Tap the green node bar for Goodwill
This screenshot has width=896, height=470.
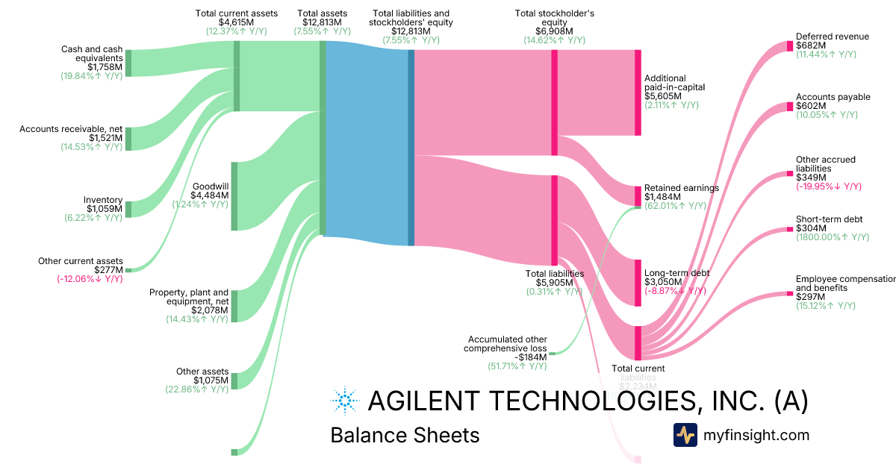coord(234,195)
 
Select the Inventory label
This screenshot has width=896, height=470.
coord(103,199)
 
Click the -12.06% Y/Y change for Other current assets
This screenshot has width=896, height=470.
coord(90,279)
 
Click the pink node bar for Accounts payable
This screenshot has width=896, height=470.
coord(789,107)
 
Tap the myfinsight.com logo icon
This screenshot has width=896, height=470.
coord(685,435)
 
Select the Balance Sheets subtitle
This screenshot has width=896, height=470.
coord(405,435)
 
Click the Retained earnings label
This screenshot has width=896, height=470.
coord(681,188)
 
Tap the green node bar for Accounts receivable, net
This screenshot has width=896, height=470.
coord(128,139)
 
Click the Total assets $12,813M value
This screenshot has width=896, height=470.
coord(322,22)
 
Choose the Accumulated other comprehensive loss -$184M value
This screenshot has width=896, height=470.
coord(532,357)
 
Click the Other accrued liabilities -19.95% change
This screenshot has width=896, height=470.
coord(829,187)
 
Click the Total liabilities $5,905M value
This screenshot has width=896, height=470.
coord(554,283)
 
